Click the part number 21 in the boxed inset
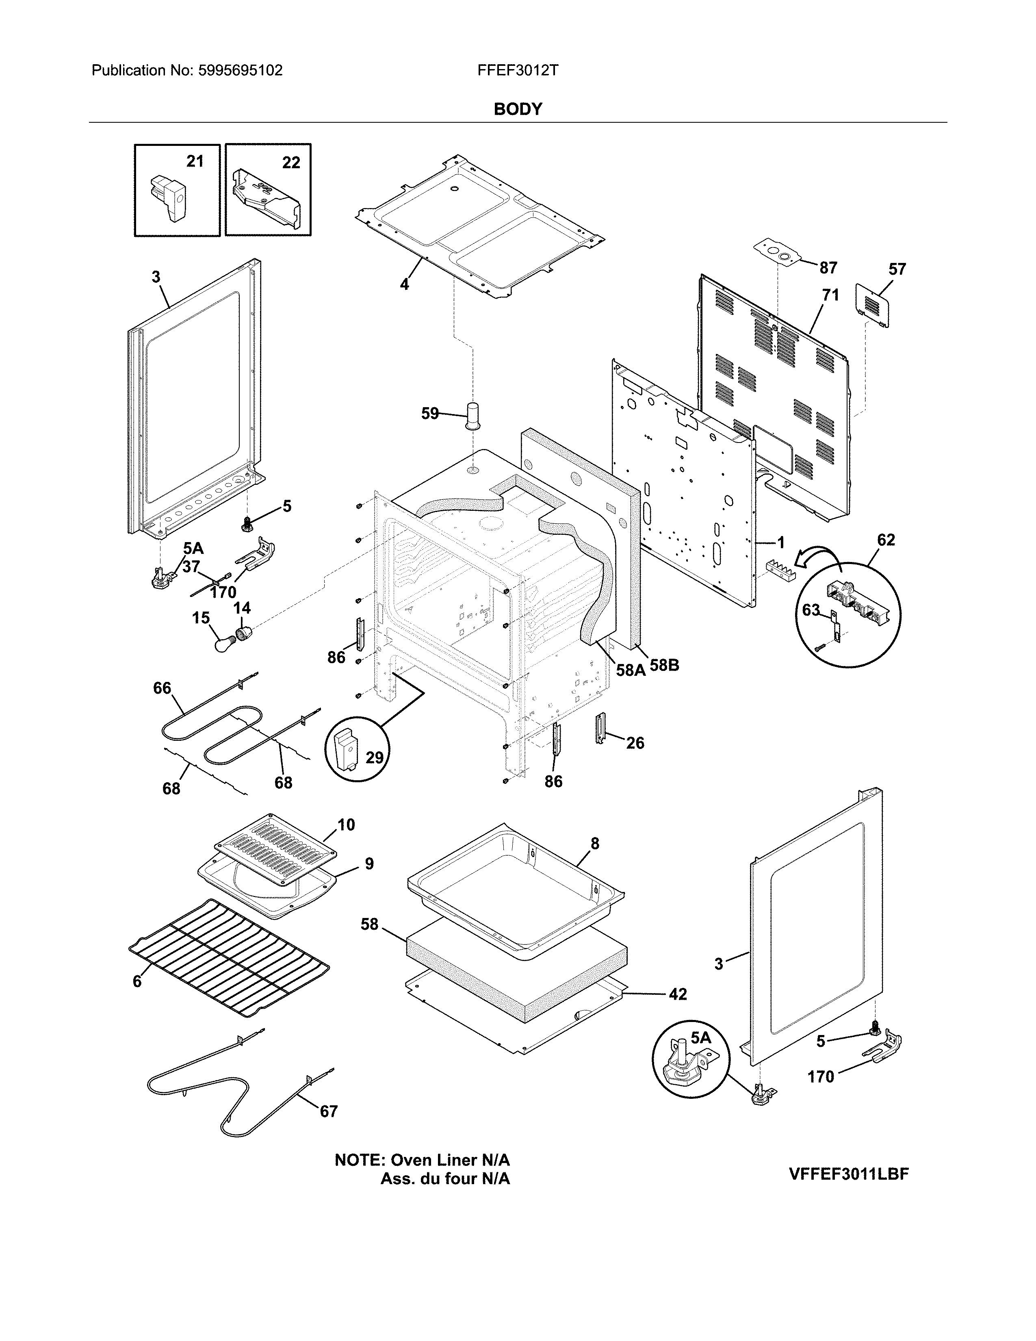[x=195, y=161]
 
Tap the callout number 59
[x=429, y=414]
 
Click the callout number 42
[x=678, y=994]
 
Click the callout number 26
[x=635, y=744]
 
